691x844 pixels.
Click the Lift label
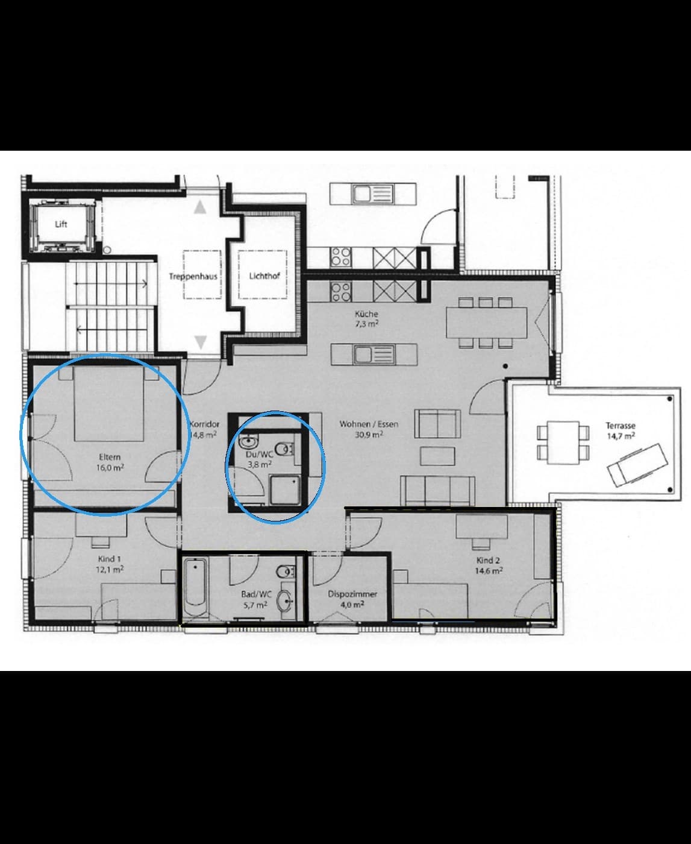61,224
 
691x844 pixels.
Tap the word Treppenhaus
193,277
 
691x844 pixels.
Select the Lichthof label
264,276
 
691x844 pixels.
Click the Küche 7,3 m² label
366,318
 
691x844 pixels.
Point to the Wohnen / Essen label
369,424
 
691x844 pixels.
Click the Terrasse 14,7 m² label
621,430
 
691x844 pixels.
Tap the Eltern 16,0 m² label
110,462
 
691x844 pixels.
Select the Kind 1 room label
110,564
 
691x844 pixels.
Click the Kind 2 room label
488,565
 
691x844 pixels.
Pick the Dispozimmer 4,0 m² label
352,599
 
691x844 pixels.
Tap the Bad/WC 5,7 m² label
256,599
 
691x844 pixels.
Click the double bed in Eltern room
109,404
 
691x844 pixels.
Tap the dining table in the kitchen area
486,323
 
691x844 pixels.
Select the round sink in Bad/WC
286,600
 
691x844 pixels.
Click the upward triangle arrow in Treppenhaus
200,207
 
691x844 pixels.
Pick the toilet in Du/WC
284,449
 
